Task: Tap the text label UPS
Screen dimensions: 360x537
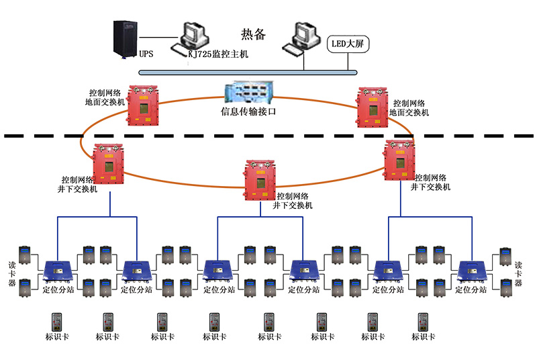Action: point(146,54)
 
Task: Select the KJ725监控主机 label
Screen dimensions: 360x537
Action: point(218,54)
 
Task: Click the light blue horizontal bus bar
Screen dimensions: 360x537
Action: point(248,72)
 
